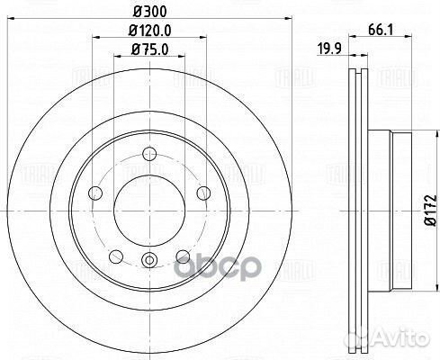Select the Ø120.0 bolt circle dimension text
pos(150,32)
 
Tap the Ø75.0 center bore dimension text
pos(150,50)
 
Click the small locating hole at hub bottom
pos(149,262)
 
